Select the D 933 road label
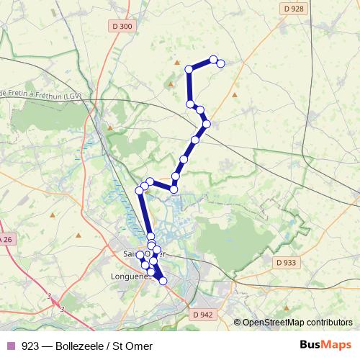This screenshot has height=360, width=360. pyautogui.click(x=286, y=264)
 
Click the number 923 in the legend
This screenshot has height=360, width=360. pyautogui.click(x=30, y=346)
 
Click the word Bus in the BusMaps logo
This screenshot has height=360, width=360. pyautogui.click(x=311, y=345)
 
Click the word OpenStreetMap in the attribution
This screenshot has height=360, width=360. pyautogui.click(x=274, y=323)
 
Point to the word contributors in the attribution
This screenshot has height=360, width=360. pyautogui.click(x=329, y=323)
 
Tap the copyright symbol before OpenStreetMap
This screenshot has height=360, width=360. pyautogui.click(x=238, y=323)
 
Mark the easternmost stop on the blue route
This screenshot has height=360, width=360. pyautogui.click(x=221, y=63)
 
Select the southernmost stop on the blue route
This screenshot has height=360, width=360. pyautogui.click(x=163, y=280)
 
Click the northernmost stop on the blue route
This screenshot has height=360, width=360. pyautogui.click(x=213, y=59)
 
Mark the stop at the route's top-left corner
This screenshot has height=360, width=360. pyautogui.click(x=189, y=69)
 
